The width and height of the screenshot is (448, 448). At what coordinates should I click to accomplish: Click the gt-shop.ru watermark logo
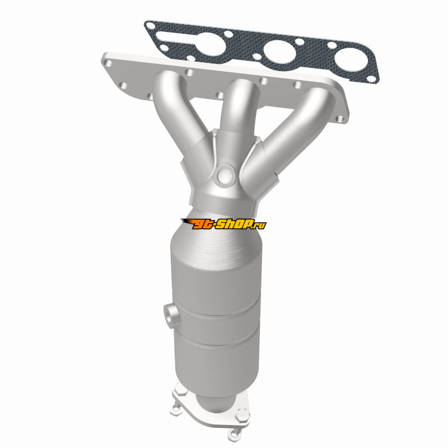(223, 223)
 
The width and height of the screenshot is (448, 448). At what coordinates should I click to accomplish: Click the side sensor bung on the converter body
(171, 316)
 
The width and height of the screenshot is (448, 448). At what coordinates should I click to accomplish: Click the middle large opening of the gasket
(279, 52)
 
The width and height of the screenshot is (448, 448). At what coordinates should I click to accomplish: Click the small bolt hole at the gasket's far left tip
(151, 26)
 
